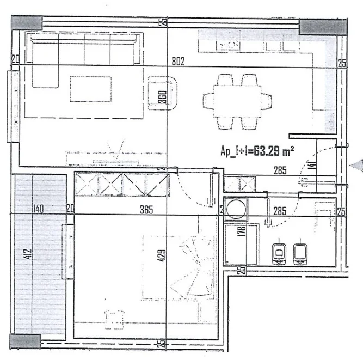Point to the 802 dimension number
pos(178,62)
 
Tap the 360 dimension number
pos(161,97)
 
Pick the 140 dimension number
pos(38,209)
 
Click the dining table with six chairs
pos(237,101)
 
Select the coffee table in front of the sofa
pos(91,88)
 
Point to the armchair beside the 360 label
pos(163,93)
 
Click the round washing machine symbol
pos(236,208)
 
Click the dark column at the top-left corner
pos(27,22)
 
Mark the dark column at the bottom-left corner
pos(26,341)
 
